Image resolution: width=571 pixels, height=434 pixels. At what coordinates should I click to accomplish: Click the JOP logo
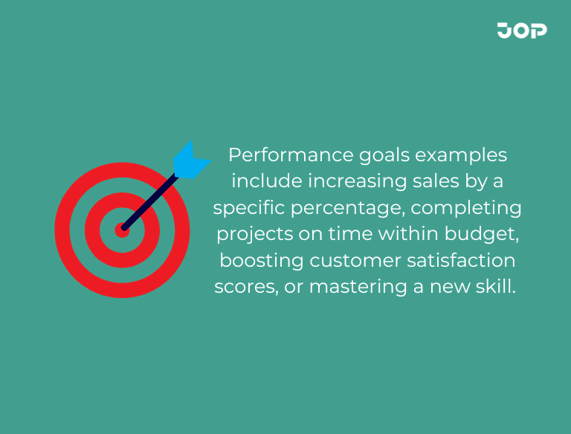click(522, 30)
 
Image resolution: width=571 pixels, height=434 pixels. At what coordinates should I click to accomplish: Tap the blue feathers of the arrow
click(190, 160)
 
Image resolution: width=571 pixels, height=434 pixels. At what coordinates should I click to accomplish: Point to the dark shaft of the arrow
click(149, 201)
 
